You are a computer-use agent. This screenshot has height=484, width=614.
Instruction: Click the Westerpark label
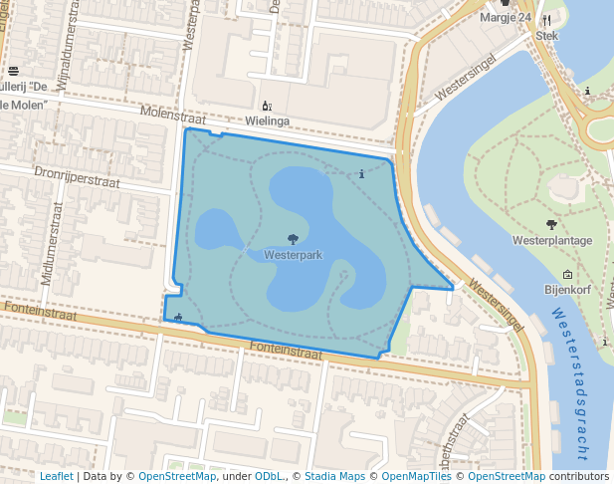coord(294,255)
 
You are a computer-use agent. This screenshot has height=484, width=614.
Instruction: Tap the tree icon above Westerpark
coord(293,239)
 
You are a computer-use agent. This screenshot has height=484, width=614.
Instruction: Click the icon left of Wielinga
coord(266,106)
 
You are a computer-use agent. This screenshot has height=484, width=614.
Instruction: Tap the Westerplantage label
coord(552,240)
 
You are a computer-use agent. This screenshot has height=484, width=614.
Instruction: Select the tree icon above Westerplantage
coord(551,224)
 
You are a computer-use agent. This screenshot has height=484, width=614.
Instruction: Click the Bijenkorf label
coord(568,290)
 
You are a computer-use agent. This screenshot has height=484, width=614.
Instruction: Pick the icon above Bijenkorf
coord(567,275)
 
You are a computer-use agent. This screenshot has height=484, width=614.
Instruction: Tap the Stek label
coord(547,35)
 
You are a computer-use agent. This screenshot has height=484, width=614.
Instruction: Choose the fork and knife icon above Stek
coord(546,20)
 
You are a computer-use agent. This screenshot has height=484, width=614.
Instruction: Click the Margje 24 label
coord(506,18)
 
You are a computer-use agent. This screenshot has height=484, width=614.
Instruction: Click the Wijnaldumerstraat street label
coord(68,55)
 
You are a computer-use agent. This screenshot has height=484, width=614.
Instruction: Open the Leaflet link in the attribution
coord(56,476)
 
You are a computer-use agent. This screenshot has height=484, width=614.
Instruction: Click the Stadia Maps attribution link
coord(334,476)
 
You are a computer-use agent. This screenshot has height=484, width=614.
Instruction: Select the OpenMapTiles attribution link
coord(411,476)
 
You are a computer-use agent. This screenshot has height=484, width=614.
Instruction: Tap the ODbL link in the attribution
coord(268,476)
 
